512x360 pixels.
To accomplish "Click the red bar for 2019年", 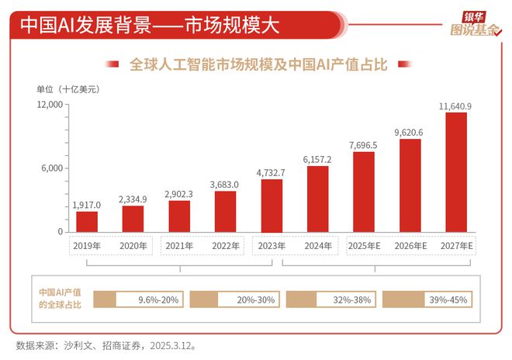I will [x=87, y=221].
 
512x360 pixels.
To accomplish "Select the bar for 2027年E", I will [x=455, y=172].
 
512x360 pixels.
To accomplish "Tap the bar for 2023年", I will [x=272, y=206].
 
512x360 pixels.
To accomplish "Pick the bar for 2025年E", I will [x=364, y=192].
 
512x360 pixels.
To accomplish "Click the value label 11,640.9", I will [x=455, y=105].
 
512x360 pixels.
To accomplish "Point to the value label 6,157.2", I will [x=317, y=158].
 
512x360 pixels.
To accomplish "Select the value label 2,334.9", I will [x=133, y=199].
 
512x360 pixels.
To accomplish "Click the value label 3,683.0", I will [x=225, y=184].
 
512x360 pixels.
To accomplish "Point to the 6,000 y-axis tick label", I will [x=53, y=168].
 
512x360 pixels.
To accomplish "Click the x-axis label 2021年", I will [x=179, y=246].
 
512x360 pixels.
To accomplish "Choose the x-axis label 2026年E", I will [x=410, y=246].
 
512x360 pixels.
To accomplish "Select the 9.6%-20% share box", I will [x=137, y=299].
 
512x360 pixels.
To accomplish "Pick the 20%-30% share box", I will [x=234, y=299].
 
